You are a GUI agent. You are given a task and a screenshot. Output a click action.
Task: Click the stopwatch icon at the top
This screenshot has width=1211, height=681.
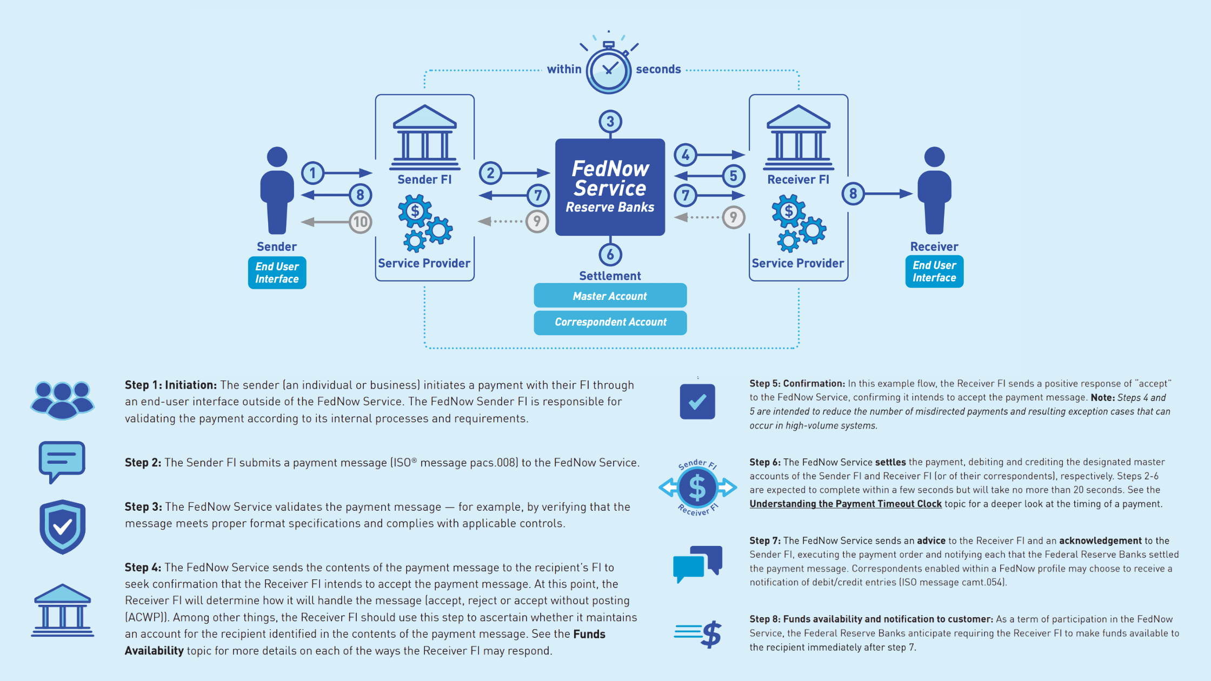[609, 69]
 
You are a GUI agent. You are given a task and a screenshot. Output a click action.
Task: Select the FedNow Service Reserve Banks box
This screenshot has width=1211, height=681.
[610, 187]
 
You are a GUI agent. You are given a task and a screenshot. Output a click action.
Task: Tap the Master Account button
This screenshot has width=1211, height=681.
[610, 296]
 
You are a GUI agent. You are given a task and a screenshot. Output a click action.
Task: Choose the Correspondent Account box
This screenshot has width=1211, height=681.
[610, 322]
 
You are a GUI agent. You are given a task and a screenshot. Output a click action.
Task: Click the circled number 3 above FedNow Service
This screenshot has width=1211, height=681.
[610, 122]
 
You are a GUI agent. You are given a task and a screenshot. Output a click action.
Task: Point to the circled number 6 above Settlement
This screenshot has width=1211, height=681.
[610, 255]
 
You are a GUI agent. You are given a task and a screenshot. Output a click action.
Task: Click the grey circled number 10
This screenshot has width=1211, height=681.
[361, 222]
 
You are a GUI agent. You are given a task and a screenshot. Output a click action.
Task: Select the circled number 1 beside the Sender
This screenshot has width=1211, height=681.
[312, 173]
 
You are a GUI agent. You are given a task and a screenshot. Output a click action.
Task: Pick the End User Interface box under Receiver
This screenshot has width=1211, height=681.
[934, 271]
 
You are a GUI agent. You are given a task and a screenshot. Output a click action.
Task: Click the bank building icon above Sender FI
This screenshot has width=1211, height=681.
[425, 137]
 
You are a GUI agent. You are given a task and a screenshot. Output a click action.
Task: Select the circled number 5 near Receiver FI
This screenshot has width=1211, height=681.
[734, 176]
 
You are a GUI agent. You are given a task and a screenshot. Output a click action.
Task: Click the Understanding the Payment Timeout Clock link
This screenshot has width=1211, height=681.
[846, 504]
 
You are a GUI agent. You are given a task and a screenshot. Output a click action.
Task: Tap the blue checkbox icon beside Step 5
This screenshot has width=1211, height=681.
[697, 402]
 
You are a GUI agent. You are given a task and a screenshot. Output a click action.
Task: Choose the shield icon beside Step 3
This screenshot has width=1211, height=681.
[63, 526]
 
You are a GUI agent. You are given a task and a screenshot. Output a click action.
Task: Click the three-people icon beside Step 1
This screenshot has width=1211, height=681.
[62, 400]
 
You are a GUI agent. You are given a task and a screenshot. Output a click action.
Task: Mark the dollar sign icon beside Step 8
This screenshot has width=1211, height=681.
[699, 633]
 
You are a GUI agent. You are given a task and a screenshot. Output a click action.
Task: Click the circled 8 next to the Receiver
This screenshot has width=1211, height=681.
[853, 193]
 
